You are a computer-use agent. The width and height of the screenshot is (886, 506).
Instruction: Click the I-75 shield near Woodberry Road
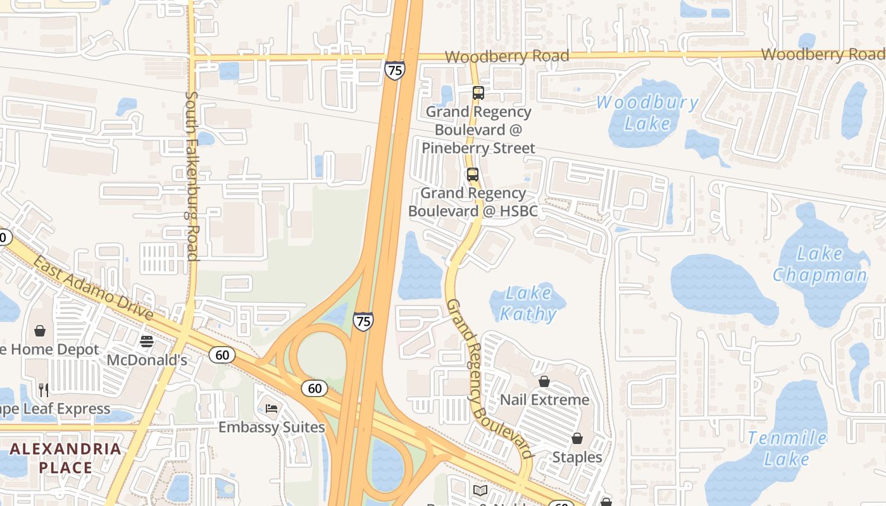(394, 70)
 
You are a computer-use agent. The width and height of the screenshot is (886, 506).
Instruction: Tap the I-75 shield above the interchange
(363, 322)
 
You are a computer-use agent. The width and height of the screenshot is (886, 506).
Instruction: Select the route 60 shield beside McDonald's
(222, 355)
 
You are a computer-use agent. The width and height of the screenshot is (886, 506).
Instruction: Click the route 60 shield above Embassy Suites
(315, 388)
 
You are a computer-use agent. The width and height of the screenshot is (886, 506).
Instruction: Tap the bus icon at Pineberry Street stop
(478, 93)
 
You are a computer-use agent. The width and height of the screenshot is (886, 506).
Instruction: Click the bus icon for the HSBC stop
(473, 175)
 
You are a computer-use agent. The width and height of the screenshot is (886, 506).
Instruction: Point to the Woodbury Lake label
(647, 112)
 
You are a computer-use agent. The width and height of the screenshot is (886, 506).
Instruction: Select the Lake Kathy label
(528, 303)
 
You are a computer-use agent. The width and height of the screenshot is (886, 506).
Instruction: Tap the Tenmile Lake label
(787, 448)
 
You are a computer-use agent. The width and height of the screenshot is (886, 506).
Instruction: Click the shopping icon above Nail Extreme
(544, 381)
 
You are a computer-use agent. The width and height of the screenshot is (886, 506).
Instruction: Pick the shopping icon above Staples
(577, 438)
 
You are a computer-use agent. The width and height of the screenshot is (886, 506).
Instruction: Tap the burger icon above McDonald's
(147, 342)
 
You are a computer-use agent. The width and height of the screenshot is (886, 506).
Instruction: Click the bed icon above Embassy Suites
(271, 409)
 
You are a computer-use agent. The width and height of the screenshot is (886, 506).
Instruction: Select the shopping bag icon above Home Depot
(40, 331)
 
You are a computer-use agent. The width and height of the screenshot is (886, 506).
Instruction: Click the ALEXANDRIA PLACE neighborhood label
(66, 458)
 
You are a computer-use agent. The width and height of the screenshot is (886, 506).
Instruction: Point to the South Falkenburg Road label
(192, 176)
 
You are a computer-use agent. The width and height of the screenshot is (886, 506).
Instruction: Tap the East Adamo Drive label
(94, 288)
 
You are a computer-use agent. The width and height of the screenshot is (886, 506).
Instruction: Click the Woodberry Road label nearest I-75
(506, 56)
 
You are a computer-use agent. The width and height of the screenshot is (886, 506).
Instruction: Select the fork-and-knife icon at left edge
(44, 390)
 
